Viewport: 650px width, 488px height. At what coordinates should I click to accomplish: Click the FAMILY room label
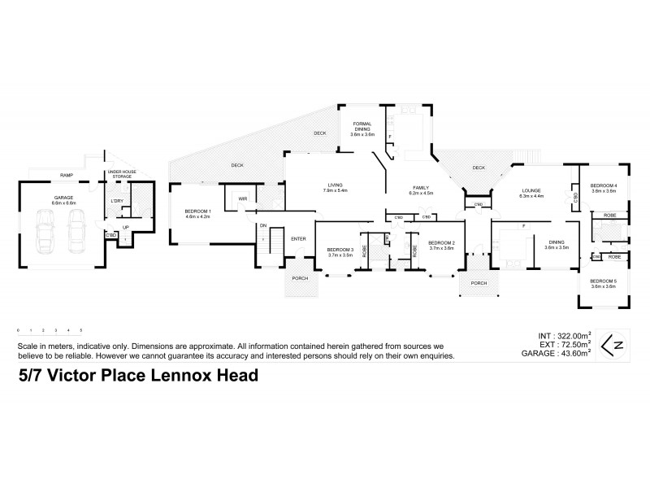(420, 188)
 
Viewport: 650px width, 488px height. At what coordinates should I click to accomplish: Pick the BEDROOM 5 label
(604, 281)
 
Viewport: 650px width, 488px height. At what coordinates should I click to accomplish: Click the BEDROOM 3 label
(340, 249)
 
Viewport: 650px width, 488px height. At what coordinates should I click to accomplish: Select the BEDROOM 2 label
(441, 242)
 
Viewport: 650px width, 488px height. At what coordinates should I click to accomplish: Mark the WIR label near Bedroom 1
(242, 198)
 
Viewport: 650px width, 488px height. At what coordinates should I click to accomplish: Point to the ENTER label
(298, 239)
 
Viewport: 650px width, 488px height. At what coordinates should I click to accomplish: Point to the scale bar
(49, 330)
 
